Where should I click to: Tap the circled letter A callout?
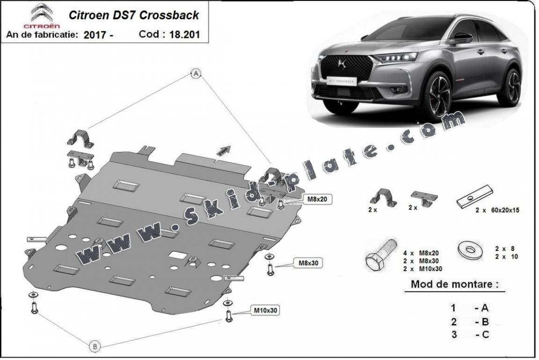pyautogui.click(x=197, y=73)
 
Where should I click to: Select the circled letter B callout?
pyautogui.click(x=95, y=346)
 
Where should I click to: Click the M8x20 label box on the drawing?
pyautogui.click(x=320, y=199)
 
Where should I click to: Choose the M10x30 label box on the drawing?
pyautogui.click(x=266, y=309)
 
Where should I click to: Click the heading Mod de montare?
pyautogui.click(x=454, y=284)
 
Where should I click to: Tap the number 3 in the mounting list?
pyautogui.click(x=453, y=334)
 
